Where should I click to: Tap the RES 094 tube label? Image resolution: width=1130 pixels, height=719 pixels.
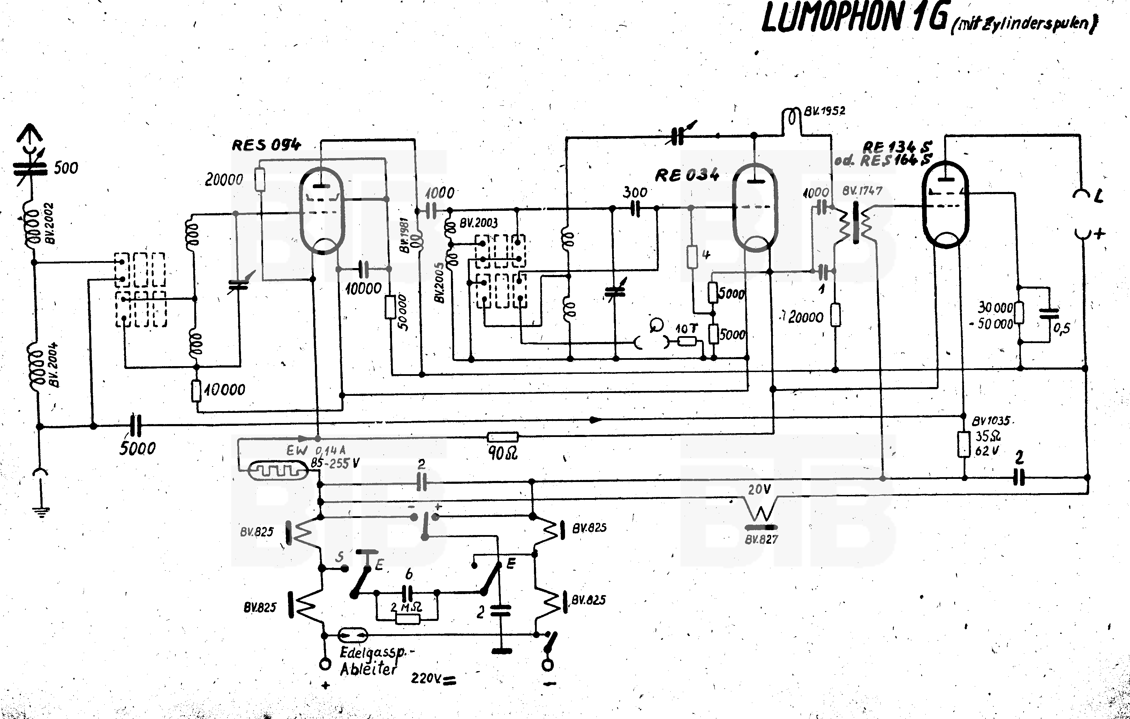(x=266, y=145)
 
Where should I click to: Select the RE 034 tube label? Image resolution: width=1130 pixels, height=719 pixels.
(x=686, y=175)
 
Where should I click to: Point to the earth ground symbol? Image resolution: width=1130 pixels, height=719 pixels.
(x=41, y=511)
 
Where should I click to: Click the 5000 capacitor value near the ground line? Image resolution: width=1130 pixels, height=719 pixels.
(x=137, y=449)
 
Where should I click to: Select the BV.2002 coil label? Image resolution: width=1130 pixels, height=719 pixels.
(x=49, y=223)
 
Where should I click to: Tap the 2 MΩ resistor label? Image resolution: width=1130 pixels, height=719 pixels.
(x=406, y=607)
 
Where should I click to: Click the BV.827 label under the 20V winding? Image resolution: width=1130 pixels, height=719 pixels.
(x=761, y=540)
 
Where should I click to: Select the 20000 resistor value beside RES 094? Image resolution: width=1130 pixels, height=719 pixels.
(x=224, y=180)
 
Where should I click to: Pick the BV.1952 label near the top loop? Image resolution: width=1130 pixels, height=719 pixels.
(x=824, y=111)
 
